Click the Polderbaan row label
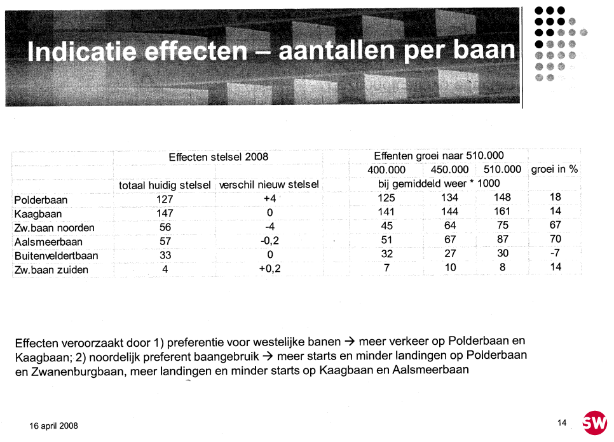point(41,200)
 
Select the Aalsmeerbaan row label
point(48,242)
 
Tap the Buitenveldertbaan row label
point(56,256)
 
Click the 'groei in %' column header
point(554,170)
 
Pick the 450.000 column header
point(449,170)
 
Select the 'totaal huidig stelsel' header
point(165,185)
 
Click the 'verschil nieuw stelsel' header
point(269,185)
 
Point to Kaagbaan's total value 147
point(165,213)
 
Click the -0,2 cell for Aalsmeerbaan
point(269,241)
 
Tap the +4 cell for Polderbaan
point(269,199)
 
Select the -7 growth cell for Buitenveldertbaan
point(555,253)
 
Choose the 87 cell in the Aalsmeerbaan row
point(503,239)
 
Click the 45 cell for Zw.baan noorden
point(387,225)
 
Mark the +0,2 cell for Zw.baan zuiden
point(269,269)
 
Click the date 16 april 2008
point(53,426)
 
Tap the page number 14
point(562,423)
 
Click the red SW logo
point(595,423)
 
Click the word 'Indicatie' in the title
point(82,51)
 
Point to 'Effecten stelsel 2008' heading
point(219,157)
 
